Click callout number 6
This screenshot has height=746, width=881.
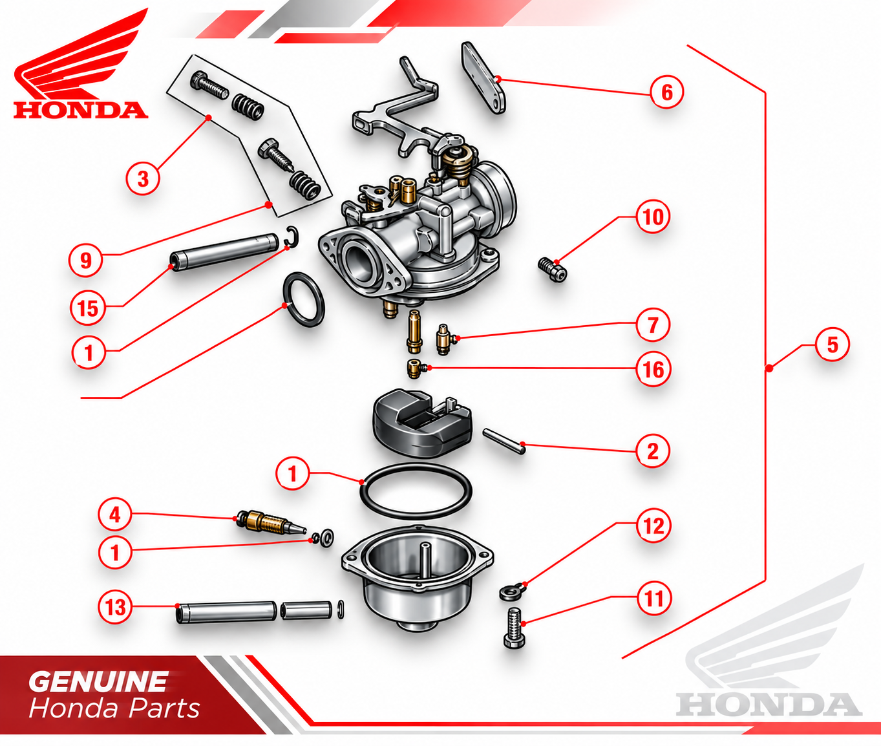[x=666, y=92]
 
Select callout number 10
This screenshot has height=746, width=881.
[x=653, y=217]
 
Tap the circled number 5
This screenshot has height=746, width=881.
[x=832, y=345]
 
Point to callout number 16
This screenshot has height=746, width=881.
[x=653, y=369]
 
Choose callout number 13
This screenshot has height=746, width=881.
[x=115, y=607]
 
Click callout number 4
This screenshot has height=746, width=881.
[x=115, y=515]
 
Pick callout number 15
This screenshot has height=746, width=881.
[x=87, y=308]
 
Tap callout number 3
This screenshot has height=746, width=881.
[x=143, y=178]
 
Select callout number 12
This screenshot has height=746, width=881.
[x=653, y=526]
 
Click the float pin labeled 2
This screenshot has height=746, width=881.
[x=504, y=442]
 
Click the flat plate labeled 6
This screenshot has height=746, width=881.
[x=483, y=78]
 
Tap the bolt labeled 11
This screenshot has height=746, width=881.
[x=515, y=628]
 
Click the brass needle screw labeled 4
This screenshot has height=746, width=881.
[x=271, y=522]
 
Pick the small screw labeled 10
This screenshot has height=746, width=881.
[x=553, y=270]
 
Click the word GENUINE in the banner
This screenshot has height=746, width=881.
[x=98, y=681]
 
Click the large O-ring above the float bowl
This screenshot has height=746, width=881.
[x=416, y=491]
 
